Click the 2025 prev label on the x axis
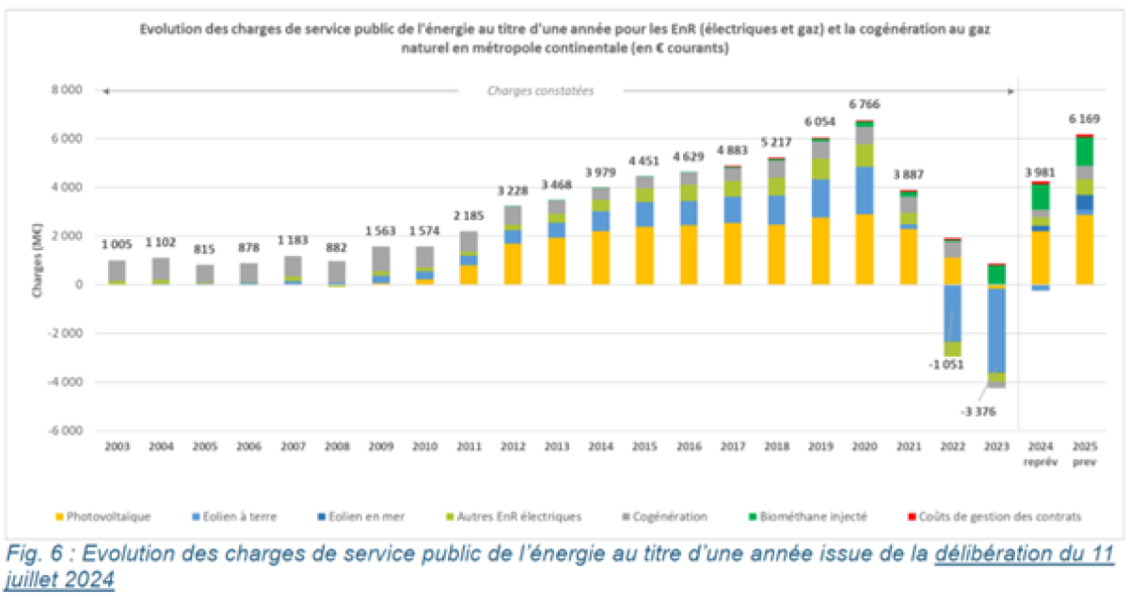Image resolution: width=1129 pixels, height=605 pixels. point(1085,454)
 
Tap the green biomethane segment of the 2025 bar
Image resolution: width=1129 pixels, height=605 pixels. point(1085,151)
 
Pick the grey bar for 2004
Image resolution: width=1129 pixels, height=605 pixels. point(161,270)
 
